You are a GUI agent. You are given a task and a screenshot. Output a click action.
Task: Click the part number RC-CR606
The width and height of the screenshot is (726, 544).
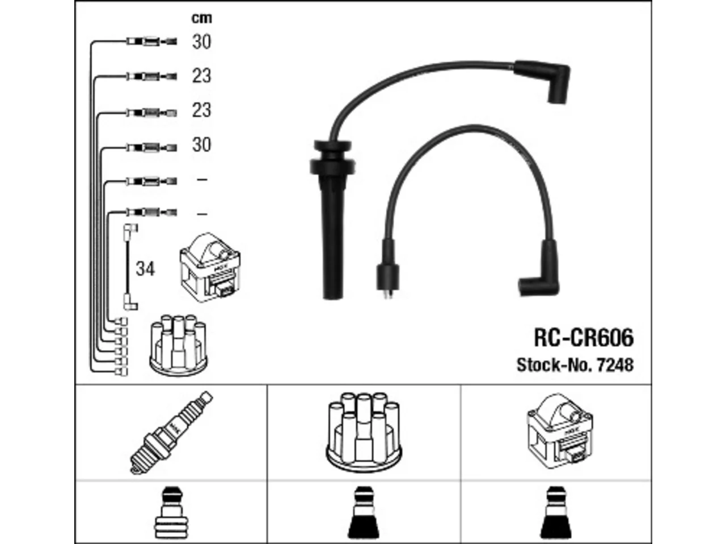click(584, 338)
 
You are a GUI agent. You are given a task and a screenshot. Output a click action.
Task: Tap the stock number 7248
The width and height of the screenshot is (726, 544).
click(615, 365)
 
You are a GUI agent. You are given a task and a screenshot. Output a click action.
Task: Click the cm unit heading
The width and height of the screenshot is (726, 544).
click(201, 18)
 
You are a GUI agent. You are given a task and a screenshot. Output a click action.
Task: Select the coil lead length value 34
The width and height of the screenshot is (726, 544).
click(145, 269)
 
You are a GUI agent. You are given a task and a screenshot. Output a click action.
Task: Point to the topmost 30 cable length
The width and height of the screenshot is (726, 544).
click(201, 42)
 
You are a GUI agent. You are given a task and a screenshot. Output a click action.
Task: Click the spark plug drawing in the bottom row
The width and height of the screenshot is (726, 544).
click(171, 433)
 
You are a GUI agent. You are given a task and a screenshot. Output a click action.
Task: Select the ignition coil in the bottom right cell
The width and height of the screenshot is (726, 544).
click(560, 431)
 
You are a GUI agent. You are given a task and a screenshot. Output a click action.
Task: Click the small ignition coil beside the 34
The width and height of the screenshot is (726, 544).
click(210, 267)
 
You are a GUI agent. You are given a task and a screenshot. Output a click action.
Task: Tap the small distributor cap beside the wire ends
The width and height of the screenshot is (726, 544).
click(179, 346)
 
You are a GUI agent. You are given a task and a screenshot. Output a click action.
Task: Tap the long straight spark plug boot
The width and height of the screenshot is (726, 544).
click(332, 220)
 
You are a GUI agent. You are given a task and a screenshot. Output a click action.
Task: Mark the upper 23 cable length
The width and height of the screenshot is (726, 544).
click(201, 76)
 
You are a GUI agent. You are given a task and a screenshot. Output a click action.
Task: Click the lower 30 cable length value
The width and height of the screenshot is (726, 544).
click(201, 144)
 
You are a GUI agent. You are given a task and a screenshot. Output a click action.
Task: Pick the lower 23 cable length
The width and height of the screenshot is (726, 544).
click(201, 110)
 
